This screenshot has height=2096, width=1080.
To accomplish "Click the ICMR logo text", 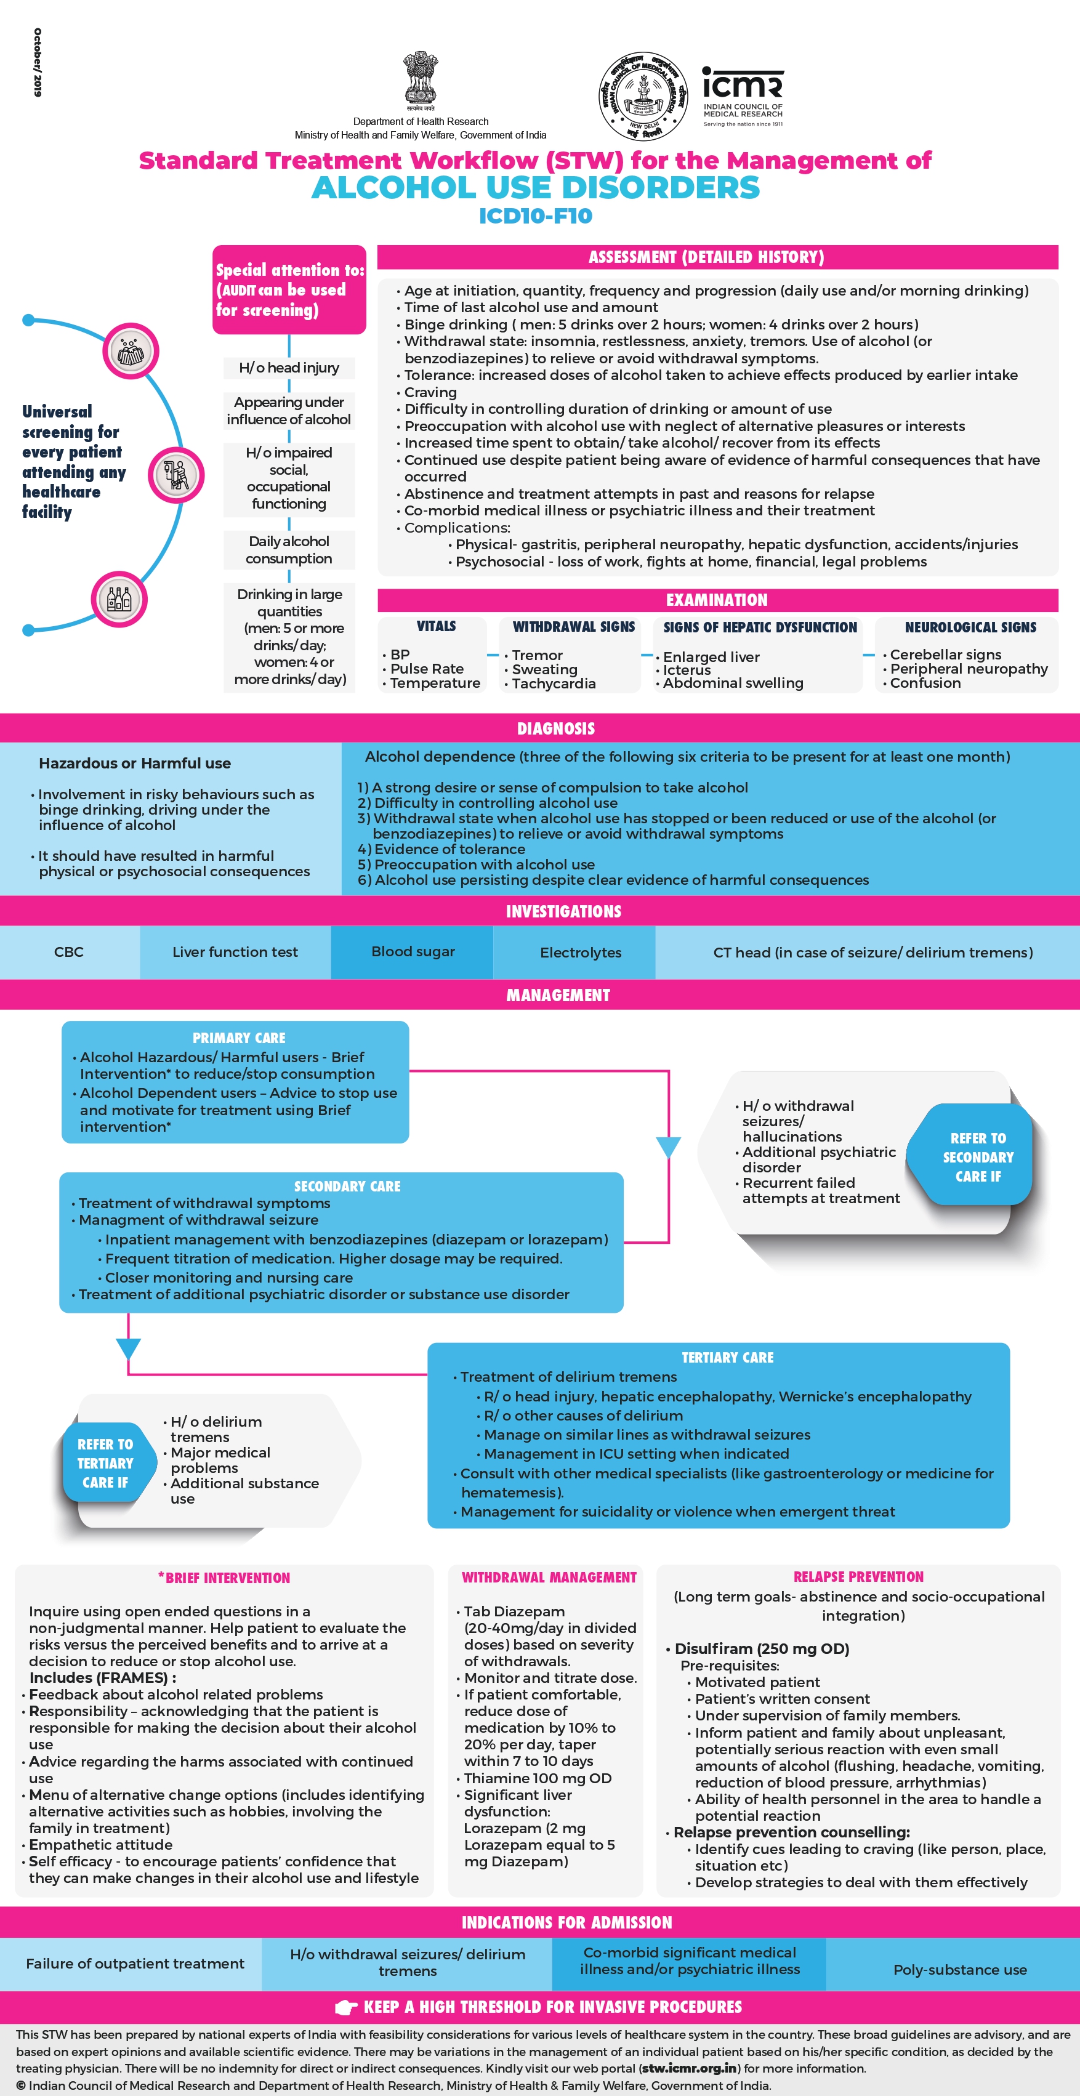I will click(x=742, y=84).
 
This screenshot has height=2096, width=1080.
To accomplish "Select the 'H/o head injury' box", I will click(x=289, y=368).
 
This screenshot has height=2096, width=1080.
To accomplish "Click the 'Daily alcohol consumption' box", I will click(x=289, y=550).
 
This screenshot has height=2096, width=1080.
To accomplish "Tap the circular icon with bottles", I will click(x=119, y=600).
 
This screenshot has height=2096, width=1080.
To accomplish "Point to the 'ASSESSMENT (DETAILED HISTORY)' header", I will click(x=706, y=257).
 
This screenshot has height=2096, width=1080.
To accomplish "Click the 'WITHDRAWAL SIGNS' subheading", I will click(x=573, y=627).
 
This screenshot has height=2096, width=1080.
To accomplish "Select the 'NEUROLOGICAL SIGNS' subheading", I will click(x=970, y=627).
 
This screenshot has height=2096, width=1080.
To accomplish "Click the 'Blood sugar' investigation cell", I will click(x=413, y=951).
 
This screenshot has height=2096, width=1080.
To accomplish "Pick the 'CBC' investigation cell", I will click(x=69, y=952).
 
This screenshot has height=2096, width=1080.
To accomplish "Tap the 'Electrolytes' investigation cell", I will click(x=580, y=952).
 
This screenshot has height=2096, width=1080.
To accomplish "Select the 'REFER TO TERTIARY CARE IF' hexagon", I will click(x=105, y=1463).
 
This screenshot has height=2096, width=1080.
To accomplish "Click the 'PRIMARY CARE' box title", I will click(x=238, y=1038).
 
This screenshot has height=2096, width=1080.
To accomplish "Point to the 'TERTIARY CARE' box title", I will click(x=727, y=1357).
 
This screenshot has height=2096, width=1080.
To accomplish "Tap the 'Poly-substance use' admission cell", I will click(x=959, y=1969).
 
